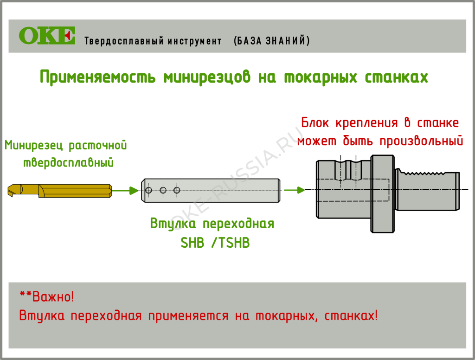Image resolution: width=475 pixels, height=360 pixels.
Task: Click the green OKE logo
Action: [47, 36]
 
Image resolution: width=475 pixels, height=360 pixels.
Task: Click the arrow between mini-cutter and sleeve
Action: [126, 190]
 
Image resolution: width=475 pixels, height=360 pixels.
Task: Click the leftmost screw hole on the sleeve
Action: [148, 190]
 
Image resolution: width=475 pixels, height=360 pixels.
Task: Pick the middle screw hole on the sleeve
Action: [163, 190]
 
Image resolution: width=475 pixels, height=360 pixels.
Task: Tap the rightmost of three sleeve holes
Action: [176, 190]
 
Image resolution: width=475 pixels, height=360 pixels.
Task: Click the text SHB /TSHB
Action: [215, 242]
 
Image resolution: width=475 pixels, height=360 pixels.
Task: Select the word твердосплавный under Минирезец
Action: [69, 163]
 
